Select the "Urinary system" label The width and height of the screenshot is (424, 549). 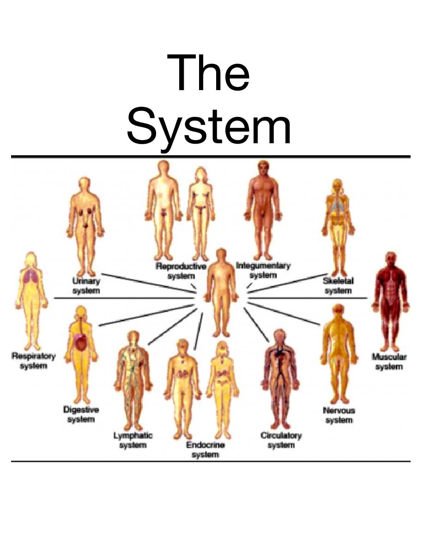pyautogui.click(x=86, y=286)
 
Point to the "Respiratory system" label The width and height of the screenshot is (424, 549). pyautogui.click(x=33, y=361)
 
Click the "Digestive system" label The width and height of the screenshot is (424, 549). pyautogui.click(x=81, y=415)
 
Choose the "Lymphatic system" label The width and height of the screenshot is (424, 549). pyautogui.click(x=133, y=440)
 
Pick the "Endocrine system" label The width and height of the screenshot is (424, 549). pyautogui.click(x=205, y=450)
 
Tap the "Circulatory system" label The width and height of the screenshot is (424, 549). pyautogui.click(x=281, y=440)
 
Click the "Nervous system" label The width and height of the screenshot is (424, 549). pyautogui.click(x=339, y=415)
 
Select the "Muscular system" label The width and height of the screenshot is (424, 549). pyautogui.click(x=389, y=362)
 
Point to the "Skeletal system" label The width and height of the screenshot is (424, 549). pyautogui.click(x=338, y=286)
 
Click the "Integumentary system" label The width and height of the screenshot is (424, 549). pyautogui.click(x=263, y=270)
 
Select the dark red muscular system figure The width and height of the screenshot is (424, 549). pyautogui.click(x=390, y=300)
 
